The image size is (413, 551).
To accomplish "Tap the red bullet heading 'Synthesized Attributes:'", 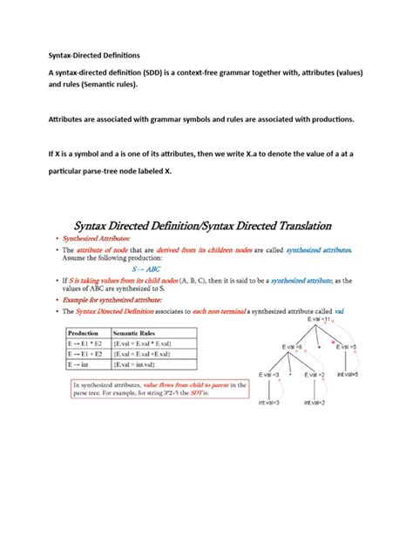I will coord(99,238).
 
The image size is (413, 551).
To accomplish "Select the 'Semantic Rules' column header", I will coord(140,332).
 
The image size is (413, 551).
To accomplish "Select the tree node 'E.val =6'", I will coord(291,347).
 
